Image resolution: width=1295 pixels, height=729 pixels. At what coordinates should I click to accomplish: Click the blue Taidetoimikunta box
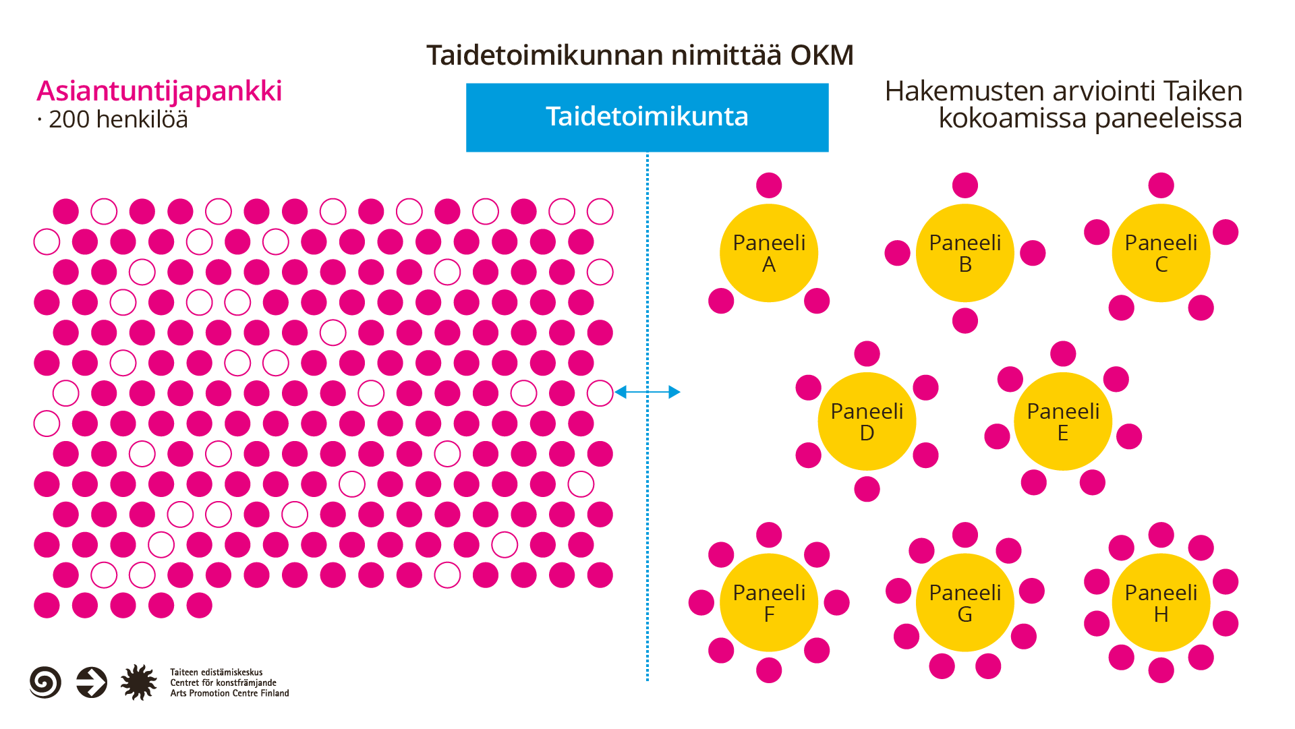pos(647,117)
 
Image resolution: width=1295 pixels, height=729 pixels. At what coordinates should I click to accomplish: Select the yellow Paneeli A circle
pos(769,253)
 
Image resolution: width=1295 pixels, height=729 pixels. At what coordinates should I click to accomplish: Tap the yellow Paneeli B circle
pos(965,253)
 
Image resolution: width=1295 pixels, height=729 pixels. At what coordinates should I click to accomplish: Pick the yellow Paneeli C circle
pos(1161,253)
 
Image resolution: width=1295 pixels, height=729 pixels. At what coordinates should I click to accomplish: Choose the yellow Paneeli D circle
pos(867,421)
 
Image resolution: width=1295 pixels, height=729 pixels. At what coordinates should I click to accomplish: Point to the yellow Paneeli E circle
pos(1063,421)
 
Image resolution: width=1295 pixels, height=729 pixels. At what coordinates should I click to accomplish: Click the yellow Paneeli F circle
pos(769,603)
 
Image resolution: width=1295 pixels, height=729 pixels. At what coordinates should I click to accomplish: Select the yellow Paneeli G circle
pos(965,603)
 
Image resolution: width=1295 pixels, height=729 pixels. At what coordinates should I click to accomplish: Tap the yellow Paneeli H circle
pos(1161,603)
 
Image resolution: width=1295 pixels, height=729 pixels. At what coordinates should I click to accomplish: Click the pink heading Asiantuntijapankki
pos(159,92)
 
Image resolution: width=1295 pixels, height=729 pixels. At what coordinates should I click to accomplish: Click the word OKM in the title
pos(822,55)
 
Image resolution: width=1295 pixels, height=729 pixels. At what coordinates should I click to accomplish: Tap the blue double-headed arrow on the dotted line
pos(647,392)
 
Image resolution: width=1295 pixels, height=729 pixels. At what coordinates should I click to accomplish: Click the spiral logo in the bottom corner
pos(45,682)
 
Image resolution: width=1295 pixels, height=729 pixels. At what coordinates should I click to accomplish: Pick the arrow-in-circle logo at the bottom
pos(92,682)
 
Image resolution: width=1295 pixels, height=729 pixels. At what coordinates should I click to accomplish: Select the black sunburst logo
pos(138,682)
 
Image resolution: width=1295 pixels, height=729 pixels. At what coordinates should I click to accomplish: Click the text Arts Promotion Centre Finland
pos(229,693)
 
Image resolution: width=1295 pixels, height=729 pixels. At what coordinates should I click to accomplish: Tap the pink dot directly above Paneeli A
pos(769,185)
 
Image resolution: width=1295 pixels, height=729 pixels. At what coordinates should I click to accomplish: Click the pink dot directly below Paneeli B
pos(965,320)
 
